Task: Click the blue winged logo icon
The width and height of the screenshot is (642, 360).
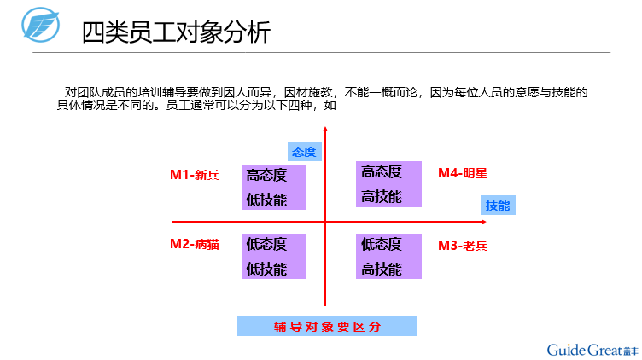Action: (x=40, y=25)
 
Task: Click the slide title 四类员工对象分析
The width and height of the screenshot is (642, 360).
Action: (x=176, y=32)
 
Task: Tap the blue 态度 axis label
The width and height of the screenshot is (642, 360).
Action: (x=304, y=152)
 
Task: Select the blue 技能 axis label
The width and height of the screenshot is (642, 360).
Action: (x=498, y=206)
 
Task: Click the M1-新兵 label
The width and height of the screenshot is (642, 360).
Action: (x=195, y=175)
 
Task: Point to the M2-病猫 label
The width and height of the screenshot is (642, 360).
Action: (x=195, y=244)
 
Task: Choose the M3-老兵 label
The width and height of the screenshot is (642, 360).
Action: (x=463, y=246)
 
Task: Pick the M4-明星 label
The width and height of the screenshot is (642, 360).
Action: (x=463, y=173)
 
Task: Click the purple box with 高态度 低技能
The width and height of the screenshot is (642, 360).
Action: (x=274, y=188)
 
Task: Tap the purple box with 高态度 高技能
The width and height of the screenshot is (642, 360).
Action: (x=388, y=184)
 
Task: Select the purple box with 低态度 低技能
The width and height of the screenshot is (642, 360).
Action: (x=274, y=256)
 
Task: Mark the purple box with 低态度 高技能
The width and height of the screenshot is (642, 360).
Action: (x=388, y=256)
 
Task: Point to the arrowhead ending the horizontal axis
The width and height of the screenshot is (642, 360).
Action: (x=484, y=222)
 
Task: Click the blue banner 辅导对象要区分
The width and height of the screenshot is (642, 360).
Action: (x=327, y=327)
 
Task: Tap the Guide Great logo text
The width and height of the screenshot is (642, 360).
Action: (x=592, y=350)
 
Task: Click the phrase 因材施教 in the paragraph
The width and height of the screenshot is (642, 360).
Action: (x=308, y=92)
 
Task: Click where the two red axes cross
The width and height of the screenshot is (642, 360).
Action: (x=325, y=222)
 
